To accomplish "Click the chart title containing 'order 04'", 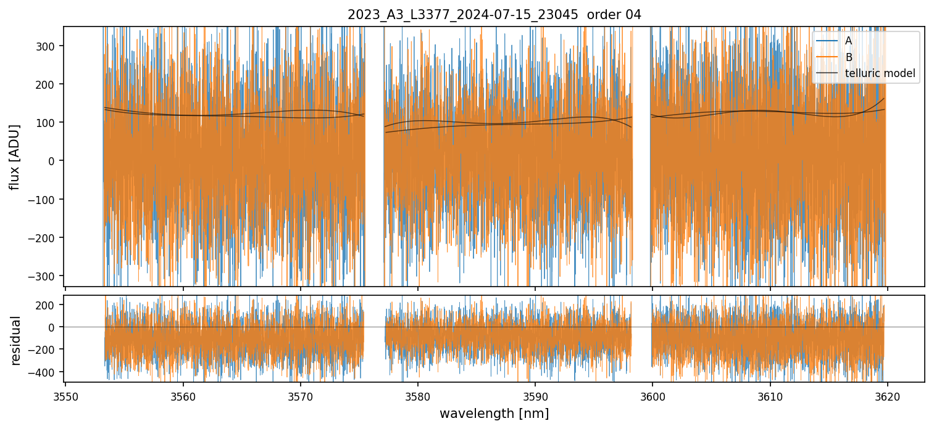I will (x=494, y=15).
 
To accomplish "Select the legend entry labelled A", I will (x=848, y=41).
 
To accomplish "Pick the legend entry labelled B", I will (x=848, y=57).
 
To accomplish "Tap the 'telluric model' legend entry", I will (x=880, y=74).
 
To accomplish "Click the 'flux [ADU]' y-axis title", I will (x=14, y=157).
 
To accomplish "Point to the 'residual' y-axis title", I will (x=15, y=340).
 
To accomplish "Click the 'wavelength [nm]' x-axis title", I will (x=494, y=413).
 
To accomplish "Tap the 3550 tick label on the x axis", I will (x=65, y=396).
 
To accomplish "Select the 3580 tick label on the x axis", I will (x=417, y=396).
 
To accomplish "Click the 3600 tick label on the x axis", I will (x=653, y=396).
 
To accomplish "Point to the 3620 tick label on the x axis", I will (x=887, y=396).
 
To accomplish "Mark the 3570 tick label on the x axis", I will (x=300, y=396).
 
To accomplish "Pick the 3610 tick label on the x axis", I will (x=770, y=396).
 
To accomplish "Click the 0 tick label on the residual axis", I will (x=53, y=327).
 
